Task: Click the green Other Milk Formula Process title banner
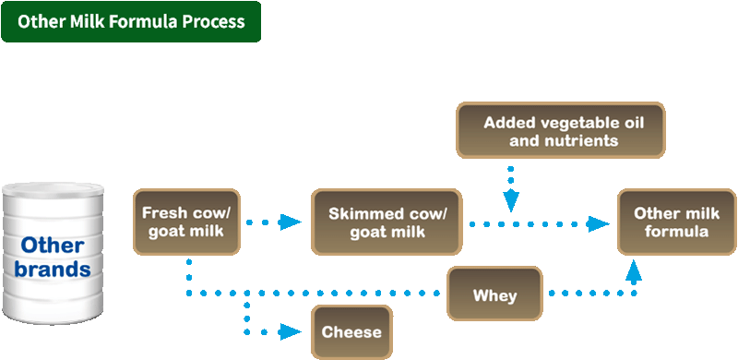point(131,21)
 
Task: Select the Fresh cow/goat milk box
point(187,222)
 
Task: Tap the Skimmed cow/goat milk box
point(387,222)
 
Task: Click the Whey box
point(494,295)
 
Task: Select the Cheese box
point(351,330)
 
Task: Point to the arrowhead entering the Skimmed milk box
point(292,222)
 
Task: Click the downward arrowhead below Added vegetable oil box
point(510,200)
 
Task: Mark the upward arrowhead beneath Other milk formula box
point(635,270)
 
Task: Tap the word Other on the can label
point(53,246)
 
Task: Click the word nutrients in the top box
point(578,140)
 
